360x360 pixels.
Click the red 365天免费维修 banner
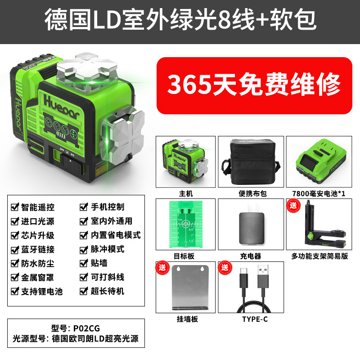click(x=254, y=85)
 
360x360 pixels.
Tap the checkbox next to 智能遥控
click(x=15, y=207)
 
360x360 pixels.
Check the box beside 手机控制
click(x=84, y=207)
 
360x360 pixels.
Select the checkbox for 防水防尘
click(x=15, y=263)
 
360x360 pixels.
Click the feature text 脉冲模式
click(x=108, y=249)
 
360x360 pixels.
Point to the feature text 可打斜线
click(x=108, y=277)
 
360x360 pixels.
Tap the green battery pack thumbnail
click(x=319, y=162)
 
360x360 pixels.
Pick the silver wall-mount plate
click(x=190, y=288)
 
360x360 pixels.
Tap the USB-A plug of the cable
click(x=263, y=276)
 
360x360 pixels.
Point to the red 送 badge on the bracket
click(x=293, y=205)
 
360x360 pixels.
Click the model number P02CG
click(x=86, y=328)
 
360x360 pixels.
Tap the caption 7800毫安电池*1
click(x=319, y=193)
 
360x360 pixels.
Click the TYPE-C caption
click(x=255, y=319)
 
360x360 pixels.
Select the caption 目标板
click(x=184, y=256)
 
